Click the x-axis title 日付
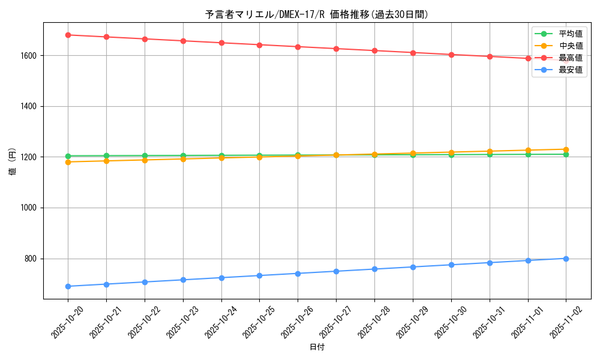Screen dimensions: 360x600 pos(317,347)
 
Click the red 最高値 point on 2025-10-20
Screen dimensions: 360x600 pos(68,35)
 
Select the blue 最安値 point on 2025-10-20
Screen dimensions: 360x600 pos(68,286)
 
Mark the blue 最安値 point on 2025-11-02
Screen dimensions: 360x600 pos(566,259)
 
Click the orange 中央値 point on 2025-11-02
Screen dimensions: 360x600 pos(566,149)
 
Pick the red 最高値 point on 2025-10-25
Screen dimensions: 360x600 pos(259,45)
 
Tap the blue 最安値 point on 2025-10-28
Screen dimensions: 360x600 pos(374,269)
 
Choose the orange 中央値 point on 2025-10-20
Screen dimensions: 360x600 pos(68,162)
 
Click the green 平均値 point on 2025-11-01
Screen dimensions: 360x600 pos(528,154)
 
